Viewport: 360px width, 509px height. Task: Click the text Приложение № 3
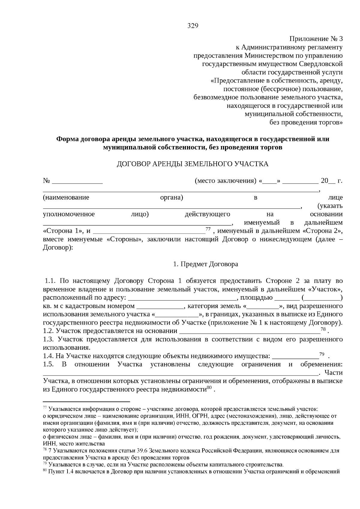(316, 39)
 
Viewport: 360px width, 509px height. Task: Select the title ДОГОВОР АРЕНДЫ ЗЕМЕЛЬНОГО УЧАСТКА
(192, 164)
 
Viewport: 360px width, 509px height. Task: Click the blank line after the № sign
(77, 181)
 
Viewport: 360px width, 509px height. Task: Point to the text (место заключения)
(225, 181)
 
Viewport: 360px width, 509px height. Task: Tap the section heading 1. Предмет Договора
(205, 264)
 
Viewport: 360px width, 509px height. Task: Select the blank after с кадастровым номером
(160, 307)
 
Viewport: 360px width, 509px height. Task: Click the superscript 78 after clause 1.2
(323, 329)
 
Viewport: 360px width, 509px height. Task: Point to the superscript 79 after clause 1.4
(322, 354)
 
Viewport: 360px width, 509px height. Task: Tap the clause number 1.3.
(48, 340)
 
